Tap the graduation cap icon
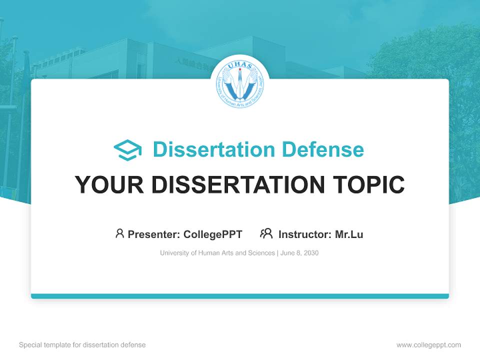(127, 150)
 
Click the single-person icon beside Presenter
(119, 233)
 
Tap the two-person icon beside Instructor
(266, 233)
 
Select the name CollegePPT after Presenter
(213, 234)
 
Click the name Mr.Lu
(349, 234)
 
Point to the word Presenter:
(154, 234)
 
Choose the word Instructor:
(305, 234)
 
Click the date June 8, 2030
(299, 253)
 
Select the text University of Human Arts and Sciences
(217, 253)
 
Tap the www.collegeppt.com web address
(428, 345)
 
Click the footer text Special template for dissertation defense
(82, 345)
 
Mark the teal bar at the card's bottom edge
(240, 296)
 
